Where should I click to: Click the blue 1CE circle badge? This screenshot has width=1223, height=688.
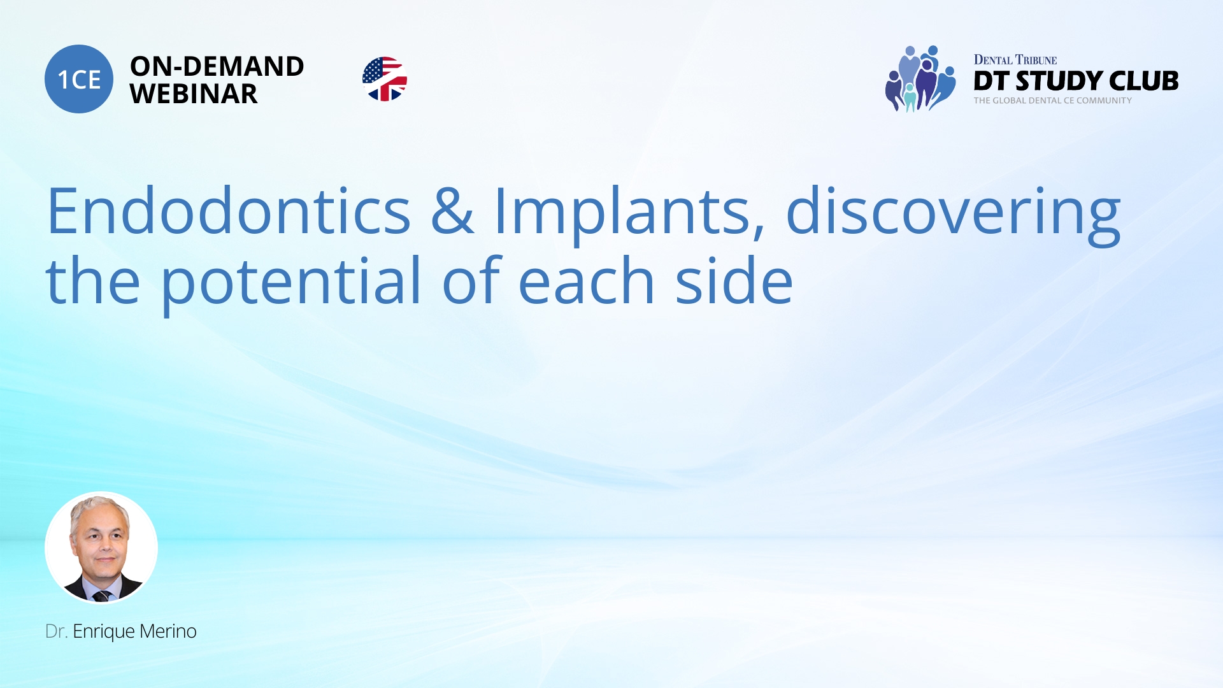(79, 79)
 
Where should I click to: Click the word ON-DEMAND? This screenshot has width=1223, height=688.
(217, 66)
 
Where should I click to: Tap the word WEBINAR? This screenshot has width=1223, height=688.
(194, 94)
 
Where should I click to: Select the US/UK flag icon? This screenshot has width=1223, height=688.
(385, 79)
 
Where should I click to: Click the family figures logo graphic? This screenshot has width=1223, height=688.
(920, 79)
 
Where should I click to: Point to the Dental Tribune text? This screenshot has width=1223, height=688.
(1015, 60)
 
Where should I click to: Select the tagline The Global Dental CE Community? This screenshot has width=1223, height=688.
(1052, 101)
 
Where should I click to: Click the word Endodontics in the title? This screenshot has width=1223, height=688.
(228, 211)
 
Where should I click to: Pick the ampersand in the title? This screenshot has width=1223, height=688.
(452, 211)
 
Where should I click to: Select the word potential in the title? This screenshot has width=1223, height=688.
(291, 282)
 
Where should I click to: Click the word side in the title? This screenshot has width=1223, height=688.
(734, 282)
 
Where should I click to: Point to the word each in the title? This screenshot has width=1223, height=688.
(586, 282)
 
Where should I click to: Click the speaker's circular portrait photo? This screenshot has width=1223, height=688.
(101, 547)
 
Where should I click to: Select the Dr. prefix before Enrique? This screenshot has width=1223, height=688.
(56, 631)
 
